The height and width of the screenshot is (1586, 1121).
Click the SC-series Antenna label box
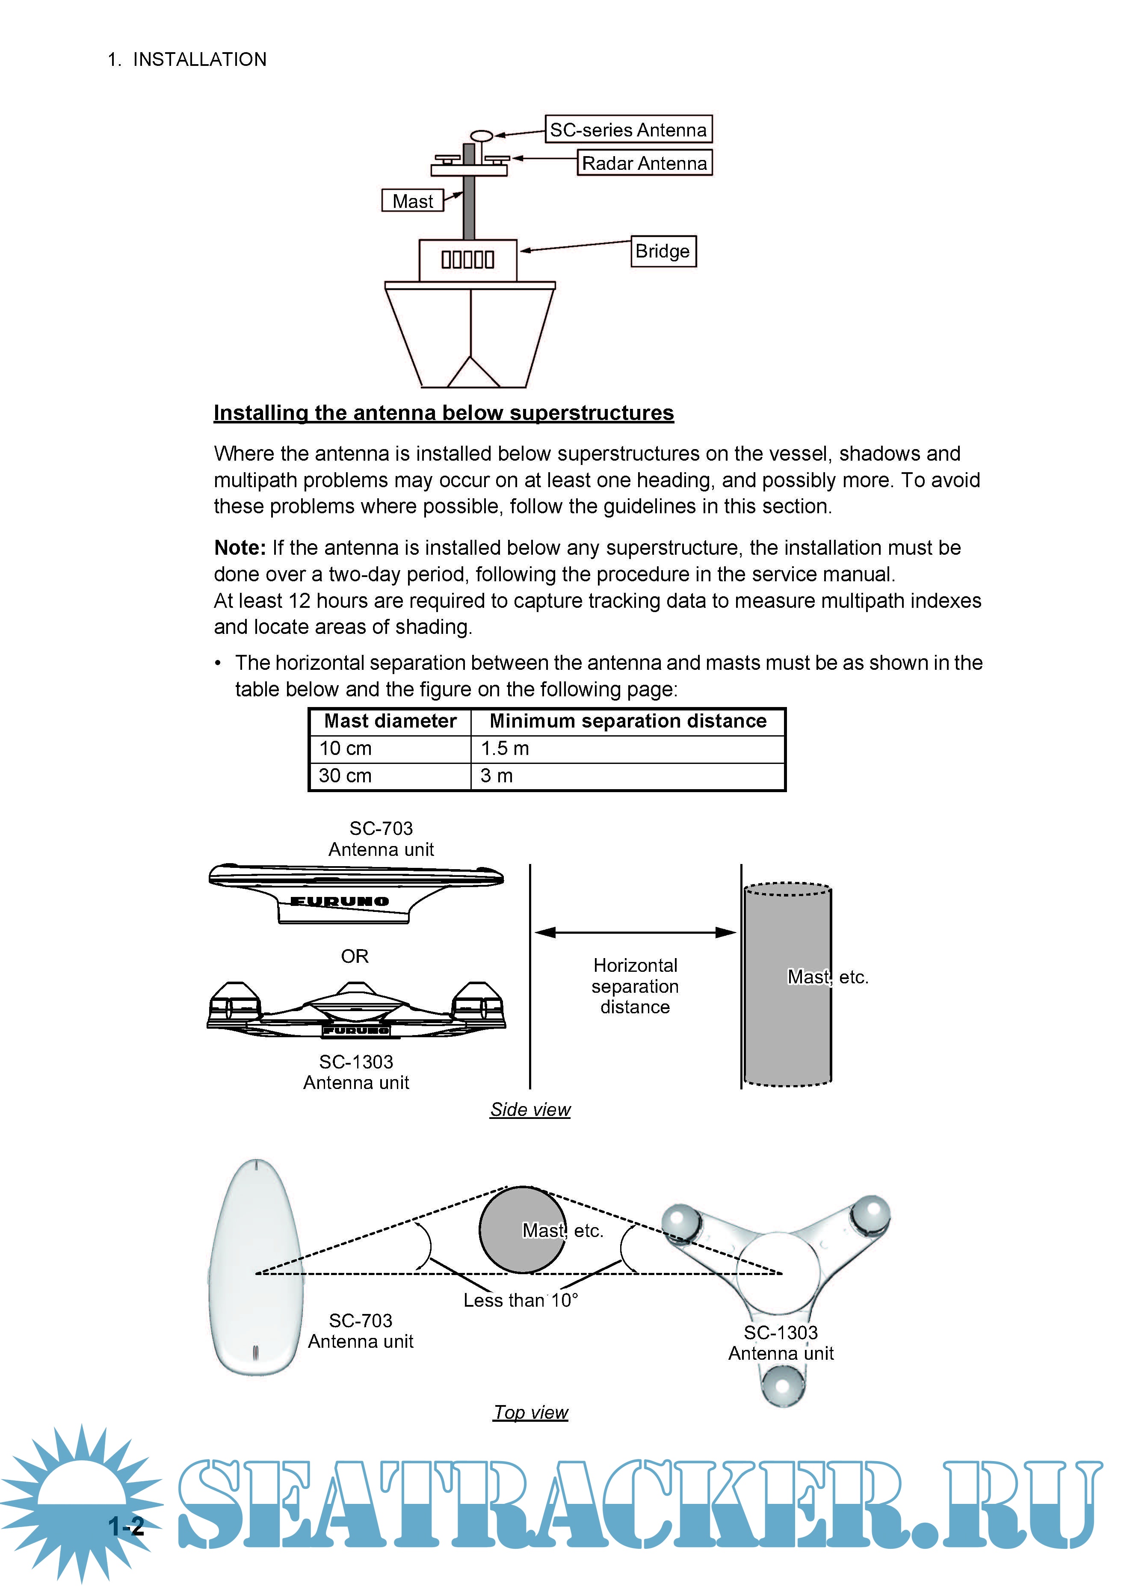628,129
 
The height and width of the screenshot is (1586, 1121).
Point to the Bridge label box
663,251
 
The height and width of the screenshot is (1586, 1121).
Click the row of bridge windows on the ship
467,260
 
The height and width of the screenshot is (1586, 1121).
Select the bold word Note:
240,548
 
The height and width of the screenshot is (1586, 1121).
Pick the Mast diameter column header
390,721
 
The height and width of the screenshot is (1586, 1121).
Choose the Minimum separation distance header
628,721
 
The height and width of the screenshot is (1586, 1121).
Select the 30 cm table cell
345,776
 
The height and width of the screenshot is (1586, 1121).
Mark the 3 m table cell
497,776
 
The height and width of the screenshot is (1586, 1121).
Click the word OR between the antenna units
354,956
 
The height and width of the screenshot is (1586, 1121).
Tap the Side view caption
530,1110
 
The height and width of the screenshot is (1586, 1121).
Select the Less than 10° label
520,1300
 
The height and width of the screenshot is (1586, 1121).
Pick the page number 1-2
127,1526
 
